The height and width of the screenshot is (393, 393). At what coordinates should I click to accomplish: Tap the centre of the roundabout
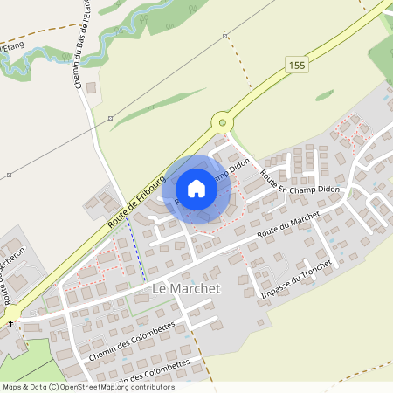pyautogui.click(x=223, y=123)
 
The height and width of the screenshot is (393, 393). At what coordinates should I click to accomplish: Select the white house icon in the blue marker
pyautogui.click(x=196, y=188)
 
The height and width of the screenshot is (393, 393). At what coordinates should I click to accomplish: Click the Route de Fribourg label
pyautogui.click(x=137, y=201)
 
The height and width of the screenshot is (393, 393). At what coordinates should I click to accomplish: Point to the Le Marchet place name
pyautogui.click(x=187, y=288)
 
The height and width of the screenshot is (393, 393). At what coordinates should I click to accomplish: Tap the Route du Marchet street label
pyautogui.click(x=285, y=231)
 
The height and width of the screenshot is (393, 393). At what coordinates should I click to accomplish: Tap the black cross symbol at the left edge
pyautogui.click(x=10, y=323)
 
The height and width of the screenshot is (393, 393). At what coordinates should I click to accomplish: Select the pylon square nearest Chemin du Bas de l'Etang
pyautogui.click(x=110, y=118)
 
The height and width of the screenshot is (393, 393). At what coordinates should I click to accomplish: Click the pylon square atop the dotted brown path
pyautogui.click(x=225, y=36)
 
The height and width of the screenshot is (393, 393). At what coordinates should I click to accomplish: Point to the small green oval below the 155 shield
pyautogui.click(x=325, y=94)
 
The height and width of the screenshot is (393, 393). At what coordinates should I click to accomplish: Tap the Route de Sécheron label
pyautogui.click(x=13, y=284)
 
